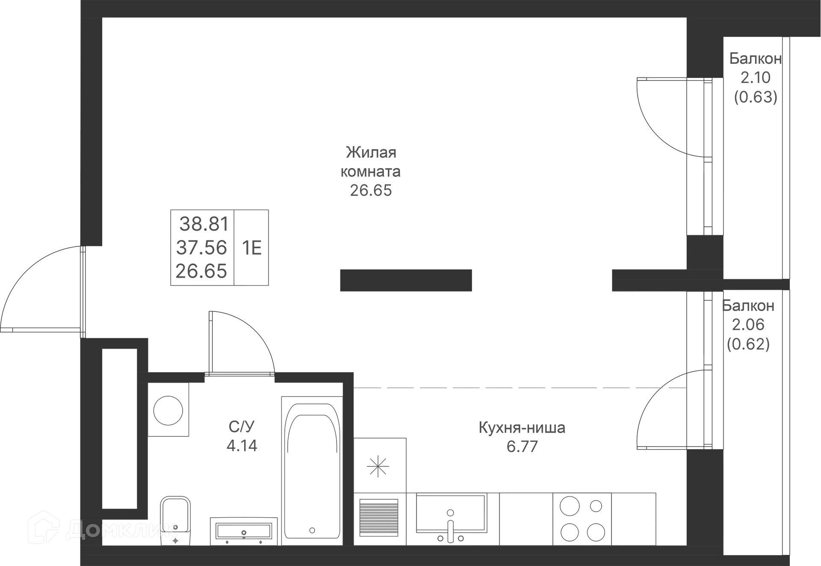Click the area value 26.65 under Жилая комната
pyautogui.click(x=371, y=191)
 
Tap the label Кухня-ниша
pyautogui.click(x=522, y=427)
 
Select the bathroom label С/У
pyautogui.click(x=242, y=427)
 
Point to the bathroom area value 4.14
pyautogui.click(x=242, y=446)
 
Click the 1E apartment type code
pyautogui.click(x=251, y=248)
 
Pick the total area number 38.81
pyautogui.click(x=204, y=224)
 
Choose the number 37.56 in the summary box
pyautogui.click(x=202, y=247)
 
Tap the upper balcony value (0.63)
pyautogui.click(x=756, y=97)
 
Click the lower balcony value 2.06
pyautogui.click(x=748, y=325)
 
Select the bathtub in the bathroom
pyautogui.click(x=312, y=471)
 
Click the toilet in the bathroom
pyautogui.click(x=175, y=521)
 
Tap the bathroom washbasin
pyautogui.click(x=244, y=531)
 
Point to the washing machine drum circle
pyautogui.click(x=168, y=411)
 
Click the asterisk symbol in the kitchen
pyautogui.click(x=378, y=466)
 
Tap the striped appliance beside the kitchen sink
pyautogui.click(x=379, y=517)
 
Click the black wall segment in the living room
pyautogui.click(x=406, y=280)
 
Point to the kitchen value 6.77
pyautogui.click(x=522, y=447)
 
